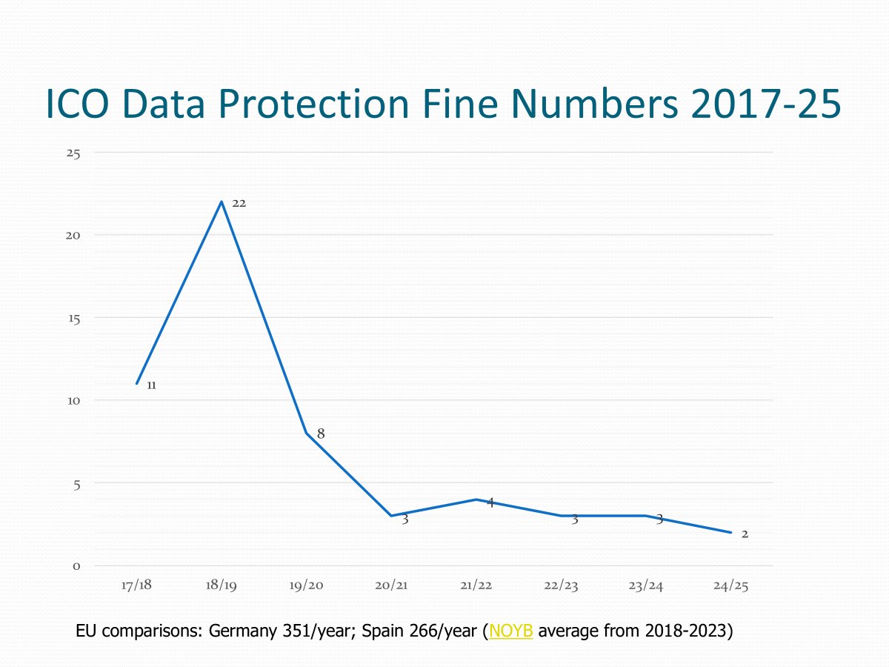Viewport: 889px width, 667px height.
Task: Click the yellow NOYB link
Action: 511,632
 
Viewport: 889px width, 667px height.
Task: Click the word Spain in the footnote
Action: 382,632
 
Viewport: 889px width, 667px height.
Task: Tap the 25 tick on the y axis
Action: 73,153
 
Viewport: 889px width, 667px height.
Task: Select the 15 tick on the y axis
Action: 73,318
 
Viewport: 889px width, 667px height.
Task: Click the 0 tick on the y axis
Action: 76,566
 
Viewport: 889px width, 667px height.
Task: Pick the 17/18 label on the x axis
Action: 136,585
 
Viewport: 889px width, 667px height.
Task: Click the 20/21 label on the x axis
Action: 391,585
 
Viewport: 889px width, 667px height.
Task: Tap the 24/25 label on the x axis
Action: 730,585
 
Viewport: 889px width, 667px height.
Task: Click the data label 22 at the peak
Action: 239,202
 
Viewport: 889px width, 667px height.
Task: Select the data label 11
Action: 151,385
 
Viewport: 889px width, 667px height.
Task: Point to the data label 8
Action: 321,434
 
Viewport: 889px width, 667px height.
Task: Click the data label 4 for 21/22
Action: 490,502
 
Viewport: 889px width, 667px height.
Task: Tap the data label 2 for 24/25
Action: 745,534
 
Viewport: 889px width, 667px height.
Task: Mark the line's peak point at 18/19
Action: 222,202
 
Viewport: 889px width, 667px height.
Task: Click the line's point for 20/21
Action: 391,516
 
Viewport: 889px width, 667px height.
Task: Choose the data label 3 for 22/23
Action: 574,520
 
